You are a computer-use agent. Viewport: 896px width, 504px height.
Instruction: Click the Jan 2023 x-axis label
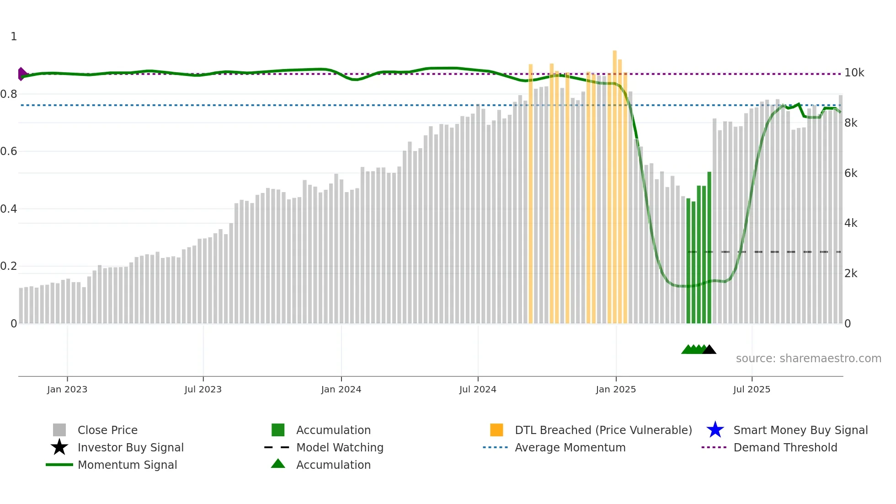tap(67, 389)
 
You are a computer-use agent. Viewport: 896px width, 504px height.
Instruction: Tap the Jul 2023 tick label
tap(203, 389)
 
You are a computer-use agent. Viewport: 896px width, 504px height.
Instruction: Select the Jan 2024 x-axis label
tap(341, 389)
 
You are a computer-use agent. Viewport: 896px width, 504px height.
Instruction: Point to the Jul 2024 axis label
tap(478, 389)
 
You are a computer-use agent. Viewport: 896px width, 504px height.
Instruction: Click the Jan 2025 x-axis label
tap(616, 389)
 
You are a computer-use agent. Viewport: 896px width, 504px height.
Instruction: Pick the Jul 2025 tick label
tap(752, 389)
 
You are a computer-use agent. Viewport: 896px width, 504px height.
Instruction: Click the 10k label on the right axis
tap(854, 73)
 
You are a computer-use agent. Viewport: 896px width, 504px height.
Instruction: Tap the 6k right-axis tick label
tap(851, 173)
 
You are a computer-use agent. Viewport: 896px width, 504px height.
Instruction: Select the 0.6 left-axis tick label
tap(9, 151)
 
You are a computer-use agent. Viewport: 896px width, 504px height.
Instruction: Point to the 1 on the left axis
tap(14, 37)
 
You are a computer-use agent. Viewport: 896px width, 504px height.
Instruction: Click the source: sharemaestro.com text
tap(808, 359)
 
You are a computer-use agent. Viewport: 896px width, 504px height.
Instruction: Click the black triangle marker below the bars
tap(709, 350)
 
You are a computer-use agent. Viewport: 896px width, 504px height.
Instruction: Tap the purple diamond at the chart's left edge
tap(21, 74)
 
